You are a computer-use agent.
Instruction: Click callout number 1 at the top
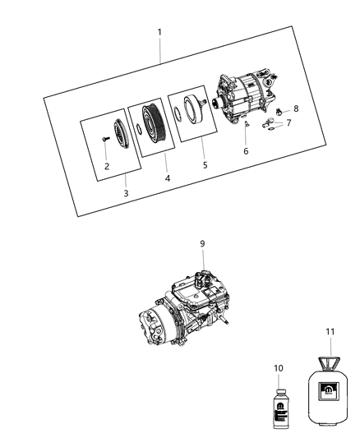pos(159,32)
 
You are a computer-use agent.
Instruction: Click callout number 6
pos(244,150)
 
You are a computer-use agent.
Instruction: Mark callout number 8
pos(297,108)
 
